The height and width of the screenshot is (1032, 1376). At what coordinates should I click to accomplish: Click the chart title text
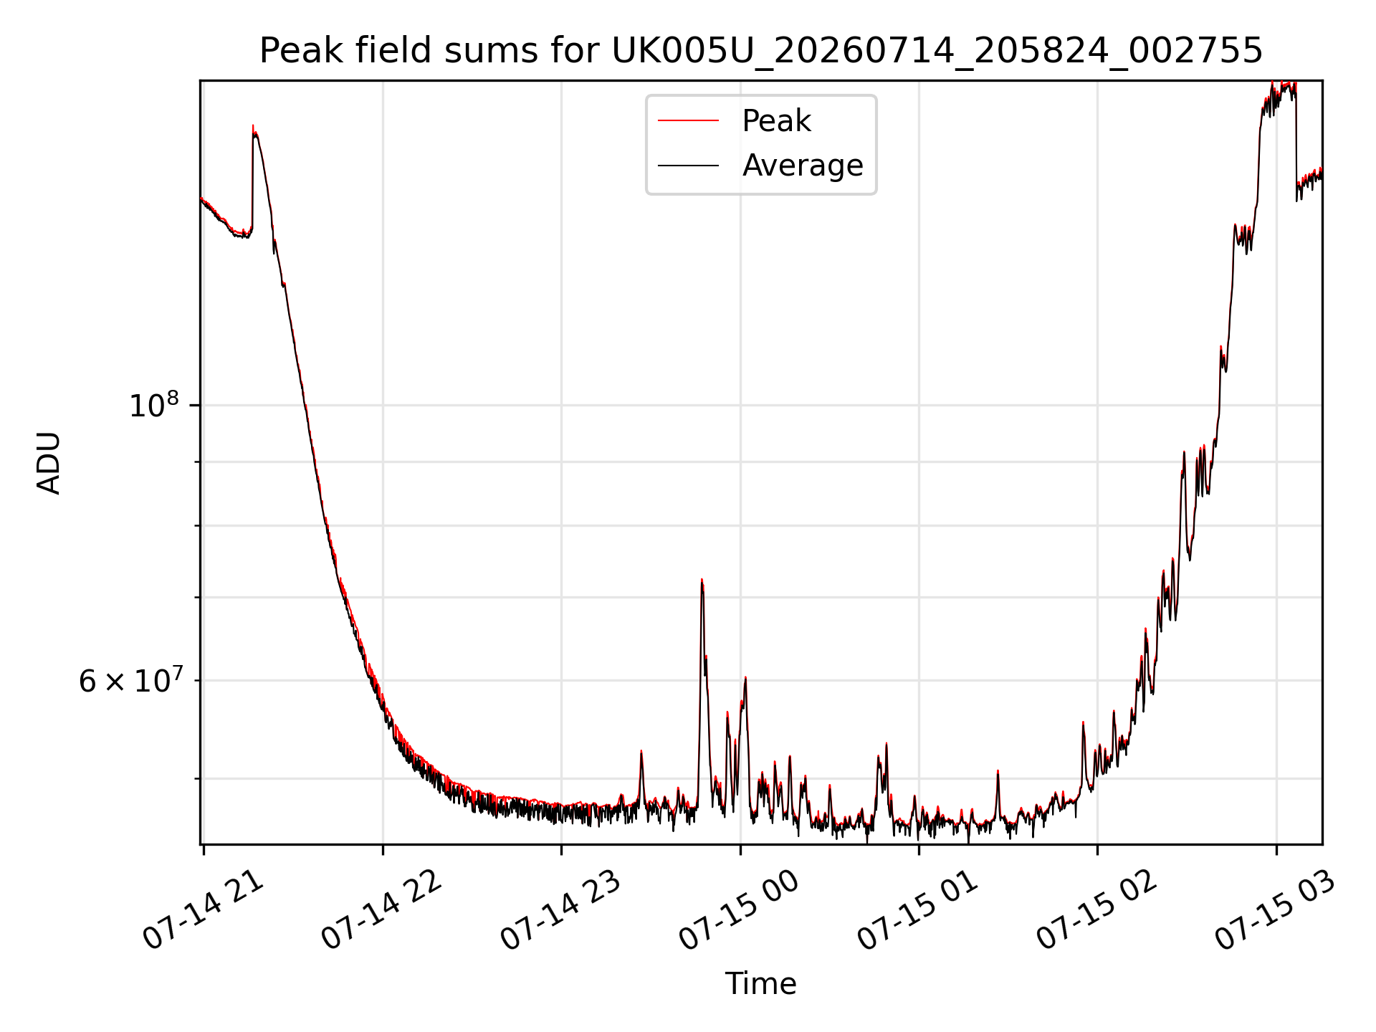[x=760, y=51]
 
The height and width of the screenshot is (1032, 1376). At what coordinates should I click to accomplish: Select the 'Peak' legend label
[x=776, y=121]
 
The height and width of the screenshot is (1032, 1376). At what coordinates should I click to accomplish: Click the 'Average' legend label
[x=803, y=166]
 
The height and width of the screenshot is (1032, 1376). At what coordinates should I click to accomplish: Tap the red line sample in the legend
[x=688, y=121]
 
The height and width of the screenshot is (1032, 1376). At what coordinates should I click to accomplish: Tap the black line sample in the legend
[x=688, y=166]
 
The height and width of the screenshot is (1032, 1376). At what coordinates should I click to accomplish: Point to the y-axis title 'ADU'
[x=49, y=462]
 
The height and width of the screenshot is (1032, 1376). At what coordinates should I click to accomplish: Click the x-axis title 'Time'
[x=760, y=983]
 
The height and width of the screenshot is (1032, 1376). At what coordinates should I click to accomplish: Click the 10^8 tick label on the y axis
[x=153, y=405]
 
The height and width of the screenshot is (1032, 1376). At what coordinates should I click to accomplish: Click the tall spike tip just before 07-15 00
[x=702, y=579]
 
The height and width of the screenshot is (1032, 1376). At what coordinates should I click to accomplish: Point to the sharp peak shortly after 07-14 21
[x=253, y=126]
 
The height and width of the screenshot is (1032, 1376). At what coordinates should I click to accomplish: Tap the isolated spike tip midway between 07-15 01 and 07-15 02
[x=998, y=771]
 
